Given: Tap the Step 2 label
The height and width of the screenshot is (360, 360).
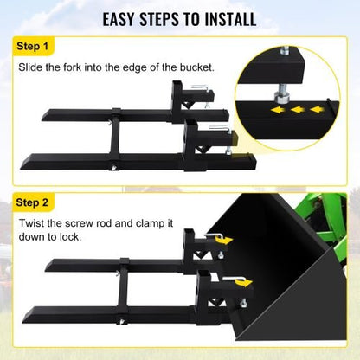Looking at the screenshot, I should coord(34,202).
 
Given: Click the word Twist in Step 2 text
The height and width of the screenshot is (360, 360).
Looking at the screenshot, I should coord(34,224).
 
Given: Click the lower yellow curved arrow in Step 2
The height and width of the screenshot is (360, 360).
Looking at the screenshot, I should coord(241,280).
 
